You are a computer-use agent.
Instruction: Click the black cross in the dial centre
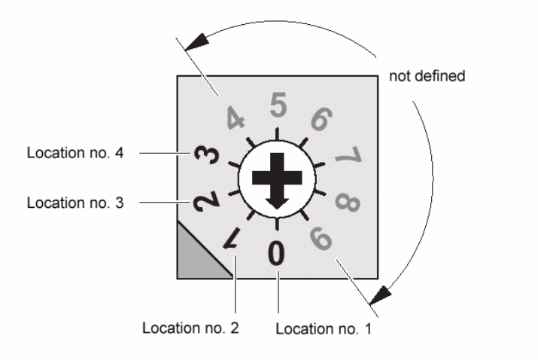tap(276, 178)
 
